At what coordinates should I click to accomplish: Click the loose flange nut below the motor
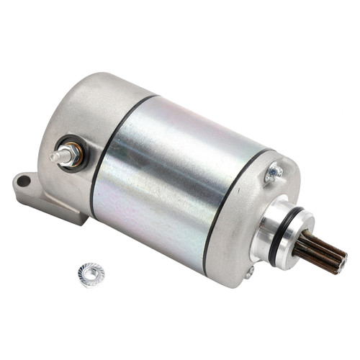(x=91, y=274)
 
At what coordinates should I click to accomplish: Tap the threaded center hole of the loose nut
(x=91, y=273)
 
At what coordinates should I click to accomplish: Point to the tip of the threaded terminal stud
(x=54, y=156)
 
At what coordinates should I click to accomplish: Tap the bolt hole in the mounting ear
(x=22, y=180)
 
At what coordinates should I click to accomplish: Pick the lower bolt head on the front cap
(x=249, y=272)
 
